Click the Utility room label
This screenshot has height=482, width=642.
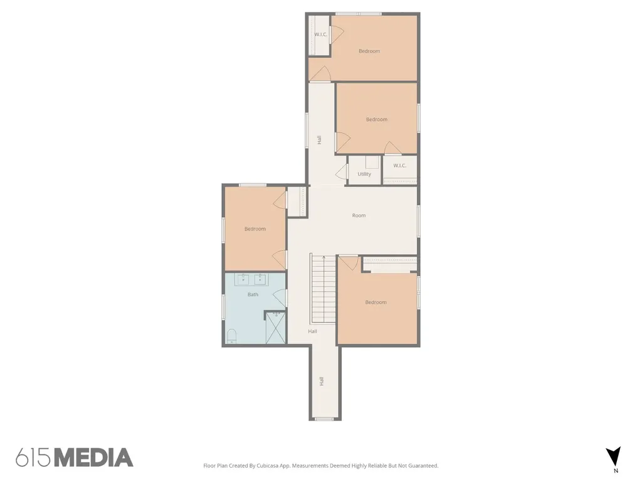click(x=364, y=174)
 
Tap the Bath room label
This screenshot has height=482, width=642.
click(x=253, y=294)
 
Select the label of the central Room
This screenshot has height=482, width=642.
click(x=359, y=215)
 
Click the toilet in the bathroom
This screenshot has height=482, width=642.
click(x=232, y=336)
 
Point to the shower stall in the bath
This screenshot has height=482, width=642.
click(x=276, y=328)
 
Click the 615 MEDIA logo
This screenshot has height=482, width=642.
click(x=75, y=458)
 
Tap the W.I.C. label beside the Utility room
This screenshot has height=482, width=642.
click(x=399, y=166)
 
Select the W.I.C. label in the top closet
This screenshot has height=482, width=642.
click(x=320, y=35)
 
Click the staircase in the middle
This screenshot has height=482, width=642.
click(x=324, y=289)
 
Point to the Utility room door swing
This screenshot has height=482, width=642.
click(x=342, y=172)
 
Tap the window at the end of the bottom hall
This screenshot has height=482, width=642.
click(x=324, y=419)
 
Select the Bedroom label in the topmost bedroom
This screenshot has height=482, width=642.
click(x=369, y=51)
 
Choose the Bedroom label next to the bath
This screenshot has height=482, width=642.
click(x=255, y=228)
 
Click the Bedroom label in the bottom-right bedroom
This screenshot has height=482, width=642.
click(x=376, y=302)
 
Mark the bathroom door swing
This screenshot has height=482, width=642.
click(x=280, y=297)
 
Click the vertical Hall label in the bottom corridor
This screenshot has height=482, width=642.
click(x=322, y=381)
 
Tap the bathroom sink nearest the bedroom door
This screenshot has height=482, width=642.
click(x=260, y=279)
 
